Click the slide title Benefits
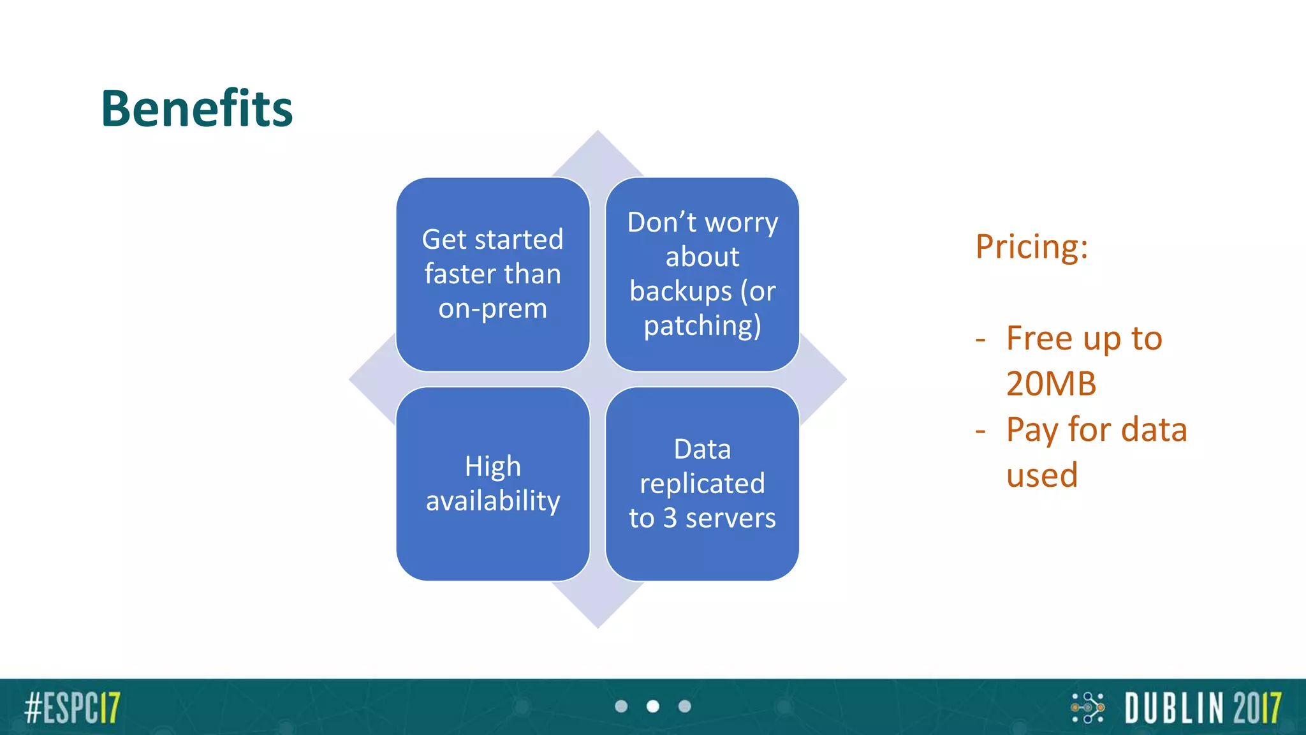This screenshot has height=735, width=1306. (x=196, y=108)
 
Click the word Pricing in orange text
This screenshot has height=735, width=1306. (x=1031, y=247)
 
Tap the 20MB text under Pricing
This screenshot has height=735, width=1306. (x=1051, y=384)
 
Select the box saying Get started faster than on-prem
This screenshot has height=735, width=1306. (x=492, y=274)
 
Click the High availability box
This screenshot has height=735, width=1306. (x=492, y=484)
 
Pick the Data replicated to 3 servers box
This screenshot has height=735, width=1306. (x=702, y=484)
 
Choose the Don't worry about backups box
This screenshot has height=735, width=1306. (x=702, y=274)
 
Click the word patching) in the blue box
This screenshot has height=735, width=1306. (x=702, y=326)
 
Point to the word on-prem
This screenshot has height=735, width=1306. (x=492, y=309)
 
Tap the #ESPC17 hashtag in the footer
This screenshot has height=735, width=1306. (x=72, y=708)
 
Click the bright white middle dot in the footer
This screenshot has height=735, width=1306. (x=652, y=706)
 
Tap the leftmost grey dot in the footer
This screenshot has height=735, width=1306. (x=621, y=706)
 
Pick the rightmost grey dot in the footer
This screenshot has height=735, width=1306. (x=684, y=706)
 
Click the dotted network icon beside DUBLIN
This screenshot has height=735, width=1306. (x=1088, y=708)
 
